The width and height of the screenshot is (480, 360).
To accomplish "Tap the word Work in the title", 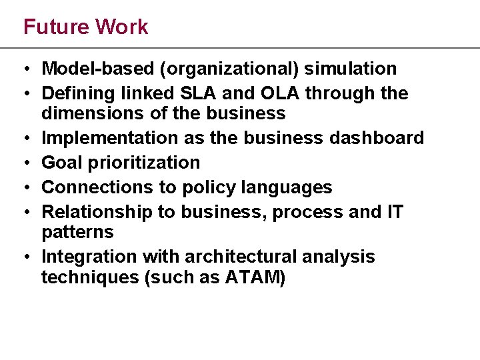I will pyautogui.click(x=121, y=27).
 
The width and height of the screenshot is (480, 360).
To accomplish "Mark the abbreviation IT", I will pyautogui.click(x=394, y=212).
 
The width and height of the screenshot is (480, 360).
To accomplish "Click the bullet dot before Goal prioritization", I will pyautogui.click(x=24, y=163).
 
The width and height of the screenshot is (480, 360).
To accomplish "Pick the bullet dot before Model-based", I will pyautogui.click(x=24, y=69).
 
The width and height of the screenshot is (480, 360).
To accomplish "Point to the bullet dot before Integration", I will pyautogui.click(x=24, y=257).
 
